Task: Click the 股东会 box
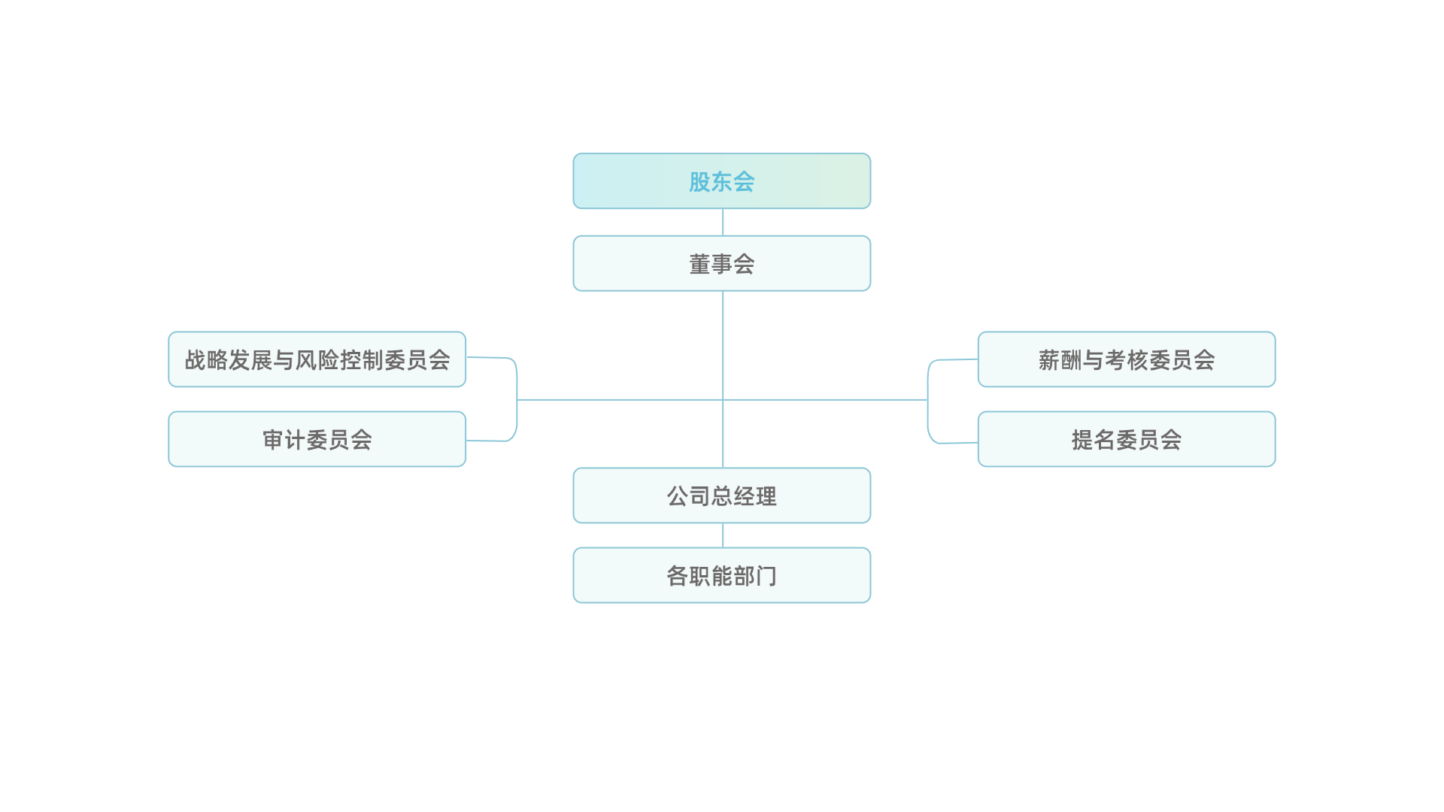(x=722, y=181)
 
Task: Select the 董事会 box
(x=722, y=264)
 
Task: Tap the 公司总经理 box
(x=722, y=495)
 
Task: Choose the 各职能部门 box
(x=722, y=575)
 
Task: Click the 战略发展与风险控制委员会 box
(x=317, y=359)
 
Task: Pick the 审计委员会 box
(x=317, y=439)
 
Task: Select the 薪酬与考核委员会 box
(x=1127, y=359)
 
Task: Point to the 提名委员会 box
(x=1127, y=439)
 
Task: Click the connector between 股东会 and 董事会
(x=723, y=223)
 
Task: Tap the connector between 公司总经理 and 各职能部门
(x=723, y=535)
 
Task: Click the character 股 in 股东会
(x=699, y=182)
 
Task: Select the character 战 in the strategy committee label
(x=196, y=360)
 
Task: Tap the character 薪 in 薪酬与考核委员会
(x=1049, y=360)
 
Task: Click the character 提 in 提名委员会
(x=1082, y=440)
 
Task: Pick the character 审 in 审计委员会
(x=273, y=440)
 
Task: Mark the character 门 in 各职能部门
(x=766, y=576)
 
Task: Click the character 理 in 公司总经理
(x=766, y=496)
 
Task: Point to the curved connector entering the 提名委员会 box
(x=930, y=427)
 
